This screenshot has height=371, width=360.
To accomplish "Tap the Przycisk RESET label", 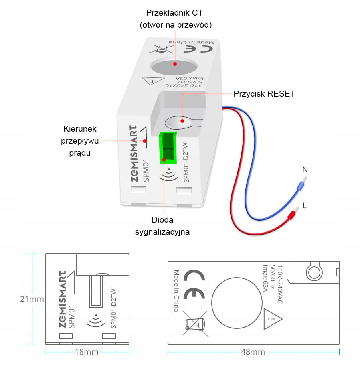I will point(264,94).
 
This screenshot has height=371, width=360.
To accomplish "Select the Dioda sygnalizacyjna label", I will point(162,225).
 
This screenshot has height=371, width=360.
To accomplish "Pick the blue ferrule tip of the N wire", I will point(298,185).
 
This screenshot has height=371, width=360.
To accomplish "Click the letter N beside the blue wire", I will point(305,170).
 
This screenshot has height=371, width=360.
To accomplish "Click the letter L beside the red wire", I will point(305,205).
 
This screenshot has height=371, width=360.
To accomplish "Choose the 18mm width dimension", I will point(87,352).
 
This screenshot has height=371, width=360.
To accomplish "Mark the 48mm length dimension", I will point(253,352).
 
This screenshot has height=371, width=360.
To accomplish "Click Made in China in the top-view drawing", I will point(176,290).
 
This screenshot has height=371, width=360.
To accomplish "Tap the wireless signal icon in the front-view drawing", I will point(94,318).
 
